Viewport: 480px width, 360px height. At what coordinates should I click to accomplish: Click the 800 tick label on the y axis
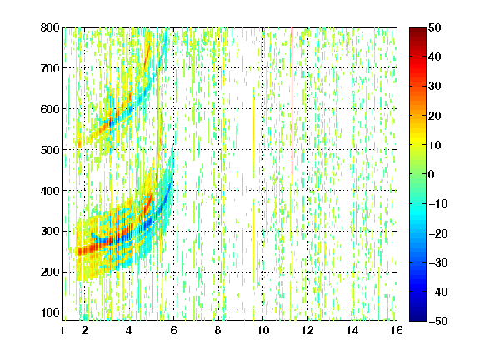pos(50,27)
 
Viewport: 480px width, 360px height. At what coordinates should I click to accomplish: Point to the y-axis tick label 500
pos(50,150)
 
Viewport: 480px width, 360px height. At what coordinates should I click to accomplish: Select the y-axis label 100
pos(50,312)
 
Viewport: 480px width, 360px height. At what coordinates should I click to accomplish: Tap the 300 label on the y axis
pos(50,232)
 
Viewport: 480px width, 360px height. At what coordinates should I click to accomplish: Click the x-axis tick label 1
pos(62,330)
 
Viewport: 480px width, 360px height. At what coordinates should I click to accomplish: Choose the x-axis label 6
pos(173,330)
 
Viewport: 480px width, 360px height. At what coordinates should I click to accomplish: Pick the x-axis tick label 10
pos(262,330)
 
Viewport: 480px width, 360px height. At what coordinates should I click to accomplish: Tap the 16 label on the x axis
pos(397,330)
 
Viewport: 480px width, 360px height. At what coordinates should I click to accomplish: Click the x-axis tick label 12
pos(307,330)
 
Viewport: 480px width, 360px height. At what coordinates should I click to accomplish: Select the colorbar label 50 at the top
pos(435,27)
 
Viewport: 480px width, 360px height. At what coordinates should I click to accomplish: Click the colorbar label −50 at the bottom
pos(438,321)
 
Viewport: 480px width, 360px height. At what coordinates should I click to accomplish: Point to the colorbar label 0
pos(432,174)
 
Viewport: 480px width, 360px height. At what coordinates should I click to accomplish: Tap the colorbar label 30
pos(435,87)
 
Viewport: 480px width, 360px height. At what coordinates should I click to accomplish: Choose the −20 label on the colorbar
pos(438,233)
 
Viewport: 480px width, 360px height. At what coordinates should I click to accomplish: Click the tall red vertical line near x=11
pos(292,101)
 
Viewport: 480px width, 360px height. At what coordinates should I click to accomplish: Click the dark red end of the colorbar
pos(417,30)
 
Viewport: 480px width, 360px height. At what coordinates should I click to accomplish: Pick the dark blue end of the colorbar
pos(417,317)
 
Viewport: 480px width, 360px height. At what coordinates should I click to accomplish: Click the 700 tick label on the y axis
pos(50,68)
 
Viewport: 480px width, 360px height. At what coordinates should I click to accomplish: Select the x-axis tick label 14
pos(352,330)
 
